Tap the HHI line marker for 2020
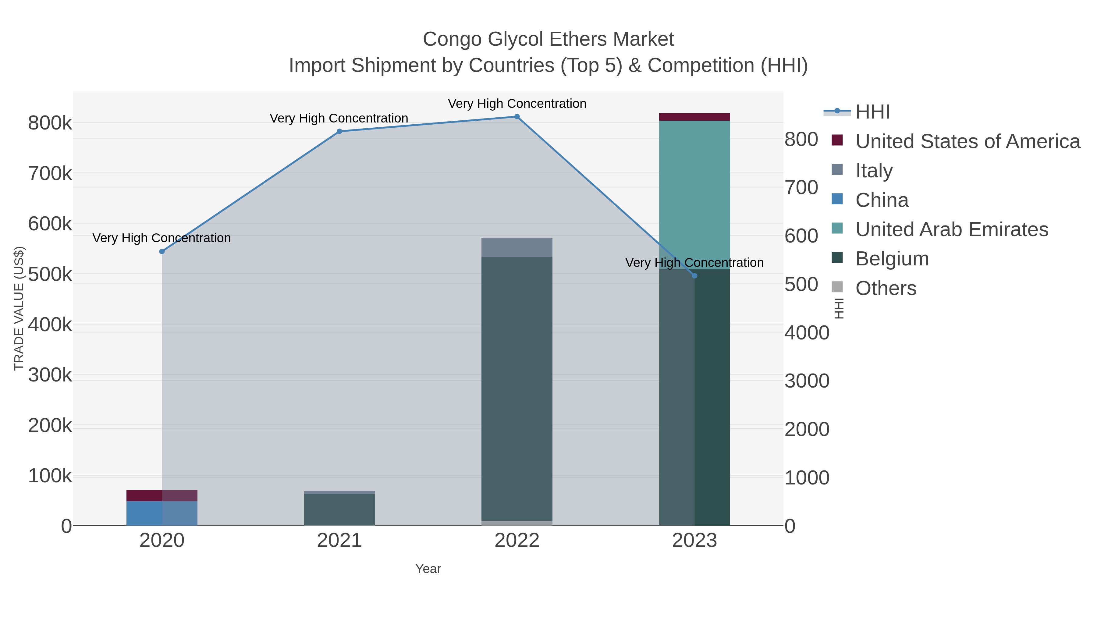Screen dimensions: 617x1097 click(x=162, y=252)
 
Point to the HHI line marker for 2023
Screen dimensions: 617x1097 click(x=694, y=276)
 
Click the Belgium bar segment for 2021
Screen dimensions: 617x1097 click(x=339, y=509)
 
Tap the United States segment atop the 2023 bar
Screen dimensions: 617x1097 click(x=694, y=117)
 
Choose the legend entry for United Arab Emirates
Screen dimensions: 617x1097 click(x=951, y=229)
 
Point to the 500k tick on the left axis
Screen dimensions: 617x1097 click(x=50, y=274)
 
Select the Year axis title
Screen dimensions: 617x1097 click(x=428, y=569)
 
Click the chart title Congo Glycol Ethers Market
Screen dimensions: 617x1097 click(x=548, y=39)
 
